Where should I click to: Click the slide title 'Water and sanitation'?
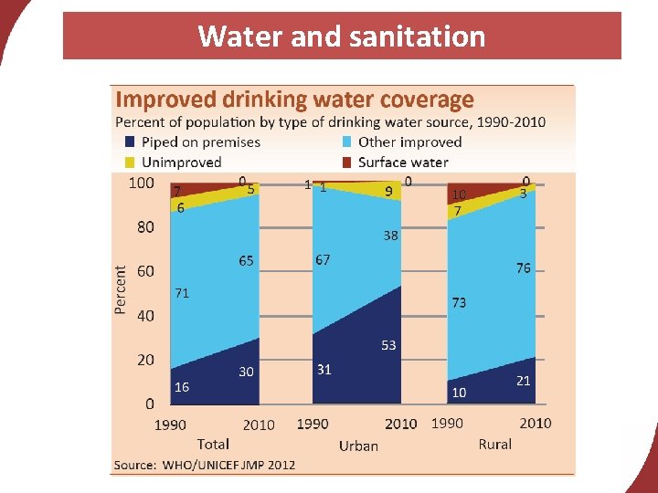click(x=341, y=37)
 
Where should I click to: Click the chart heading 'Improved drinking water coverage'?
click(x=293, y=100)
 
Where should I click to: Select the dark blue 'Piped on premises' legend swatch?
click(x=130, y=142)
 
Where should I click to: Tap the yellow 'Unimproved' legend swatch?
click(x=130, y=162)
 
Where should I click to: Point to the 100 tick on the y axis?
click(x=141, y=183)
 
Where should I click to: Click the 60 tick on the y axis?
click(x=145, y=271)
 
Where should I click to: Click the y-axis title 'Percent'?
click(x=121, y=289)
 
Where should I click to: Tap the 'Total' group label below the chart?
click(x=213, y=444)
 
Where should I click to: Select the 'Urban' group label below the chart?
click(x=358, y=446)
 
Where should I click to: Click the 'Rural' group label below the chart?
click(x=494, y=444)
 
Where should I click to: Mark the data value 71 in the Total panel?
click(x=182, y=293)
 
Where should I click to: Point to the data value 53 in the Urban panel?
click(x=388, y=345)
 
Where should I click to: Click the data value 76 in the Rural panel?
click(x=523, y=268)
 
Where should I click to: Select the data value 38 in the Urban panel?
click(x=390, y=236)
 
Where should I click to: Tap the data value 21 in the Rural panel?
click(x=523, y=381)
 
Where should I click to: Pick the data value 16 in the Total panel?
click(x=182, y=387)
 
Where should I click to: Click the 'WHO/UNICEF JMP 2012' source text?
click(x=228, y=465)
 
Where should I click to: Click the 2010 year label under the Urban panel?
click(x=400, y=424)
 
